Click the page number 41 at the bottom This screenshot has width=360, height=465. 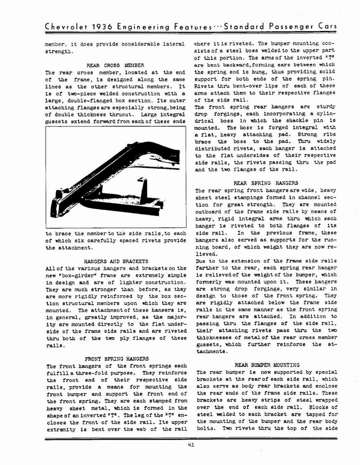(x=191, y=445)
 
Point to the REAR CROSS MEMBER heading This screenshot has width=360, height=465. (x=109, y=65)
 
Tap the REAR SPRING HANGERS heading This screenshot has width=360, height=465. (x=265, y=183)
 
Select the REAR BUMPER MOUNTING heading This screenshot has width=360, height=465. (x=267, y=365)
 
